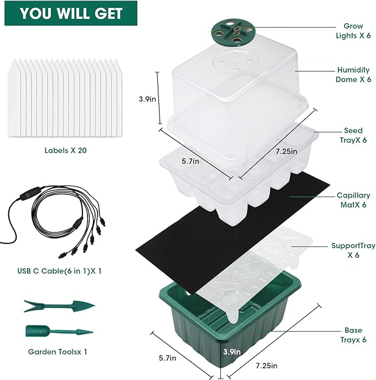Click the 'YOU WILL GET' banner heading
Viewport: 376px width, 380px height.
tap(68, 14)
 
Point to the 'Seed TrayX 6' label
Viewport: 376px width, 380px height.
tap(353, 135)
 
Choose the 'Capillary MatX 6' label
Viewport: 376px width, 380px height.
tap(353, 200)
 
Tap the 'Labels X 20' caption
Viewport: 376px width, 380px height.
tap(65, 150)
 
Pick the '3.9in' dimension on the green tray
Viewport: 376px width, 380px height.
tap(232, 351)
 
